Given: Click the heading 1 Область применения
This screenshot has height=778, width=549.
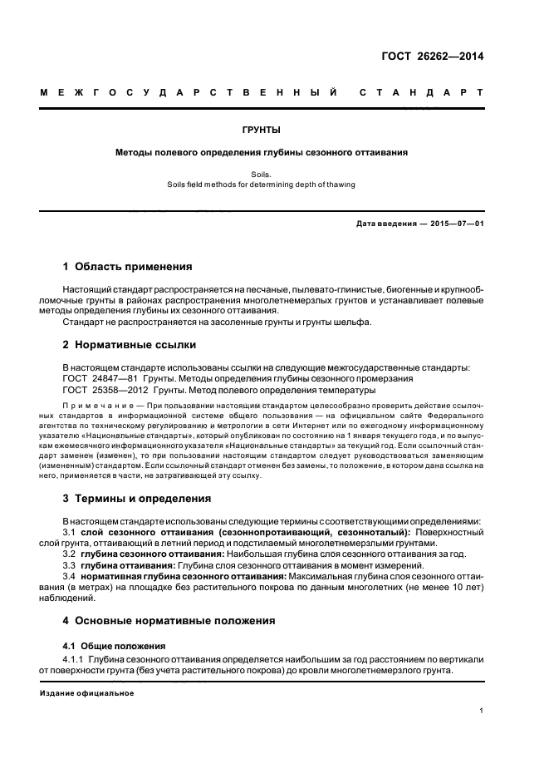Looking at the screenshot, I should point(128,267).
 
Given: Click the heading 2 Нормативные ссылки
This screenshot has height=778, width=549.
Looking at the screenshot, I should point(130,344).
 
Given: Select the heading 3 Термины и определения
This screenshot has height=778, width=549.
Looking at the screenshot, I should point(137,499).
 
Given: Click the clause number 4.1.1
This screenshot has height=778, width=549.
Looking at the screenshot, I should point(74,659).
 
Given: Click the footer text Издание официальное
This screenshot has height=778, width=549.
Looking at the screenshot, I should point(87,692).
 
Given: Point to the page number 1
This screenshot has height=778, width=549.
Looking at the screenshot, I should point(482,711).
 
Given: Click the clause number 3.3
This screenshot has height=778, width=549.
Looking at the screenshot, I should point(71,564).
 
